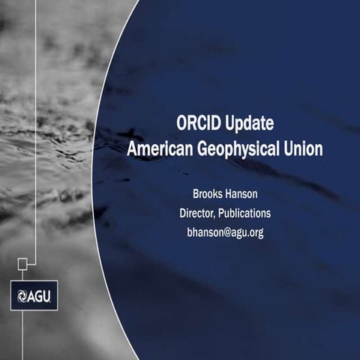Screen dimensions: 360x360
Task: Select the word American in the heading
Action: tap(160, 148)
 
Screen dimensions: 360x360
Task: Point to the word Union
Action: tap(304, 148)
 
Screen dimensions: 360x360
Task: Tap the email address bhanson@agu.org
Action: tap(224, 232)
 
